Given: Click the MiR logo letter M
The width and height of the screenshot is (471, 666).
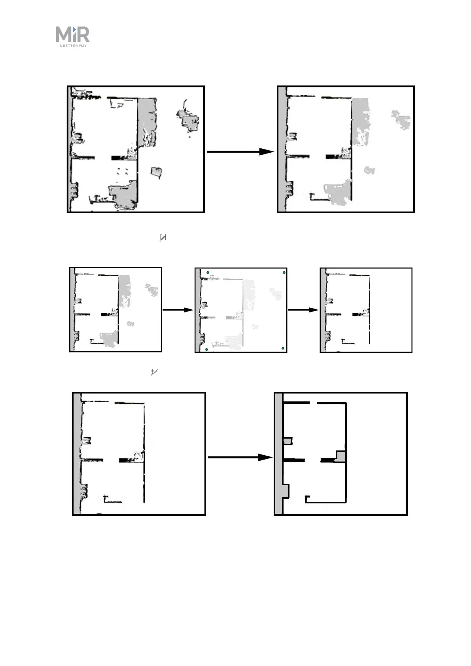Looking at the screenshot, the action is [x=64, y=34].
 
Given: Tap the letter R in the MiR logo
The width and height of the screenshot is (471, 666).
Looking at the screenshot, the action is [x=83, y=34].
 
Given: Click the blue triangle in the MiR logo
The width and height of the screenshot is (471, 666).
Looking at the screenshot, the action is [x=74, y=29].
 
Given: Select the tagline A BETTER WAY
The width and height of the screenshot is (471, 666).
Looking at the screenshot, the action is [x=73, y=46].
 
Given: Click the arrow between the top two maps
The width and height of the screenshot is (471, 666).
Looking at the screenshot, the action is [x=240, y=151].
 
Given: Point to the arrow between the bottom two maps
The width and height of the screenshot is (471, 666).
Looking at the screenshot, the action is [x=240, y=457].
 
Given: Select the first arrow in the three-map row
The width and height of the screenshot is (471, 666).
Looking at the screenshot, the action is [x=178, y=310].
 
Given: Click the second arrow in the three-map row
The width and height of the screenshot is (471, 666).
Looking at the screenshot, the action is [x=303, y=310].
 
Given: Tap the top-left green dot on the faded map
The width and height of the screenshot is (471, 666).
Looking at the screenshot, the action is [x=208, y=272].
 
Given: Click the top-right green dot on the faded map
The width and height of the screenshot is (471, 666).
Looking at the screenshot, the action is [x=284, y=272].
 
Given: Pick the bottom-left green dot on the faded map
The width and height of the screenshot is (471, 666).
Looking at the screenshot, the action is [x=207, y=349].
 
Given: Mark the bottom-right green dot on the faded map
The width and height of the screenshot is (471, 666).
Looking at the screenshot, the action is [x=283, y=348].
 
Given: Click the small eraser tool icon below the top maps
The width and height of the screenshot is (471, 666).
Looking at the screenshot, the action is [x=164, y=237].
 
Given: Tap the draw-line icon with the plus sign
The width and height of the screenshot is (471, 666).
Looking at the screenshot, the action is [x=154, y=372].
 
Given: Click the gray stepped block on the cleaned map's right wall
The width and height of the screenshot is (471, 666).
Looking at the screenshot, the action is [x=340, y=457].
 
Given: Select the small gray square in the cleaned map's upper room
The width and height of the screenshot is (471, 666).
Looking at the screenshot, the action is [x=287, y=441].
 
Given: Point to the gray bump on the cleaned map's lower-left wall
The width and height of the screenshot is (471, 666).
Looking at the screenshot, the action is [x=286, y=491].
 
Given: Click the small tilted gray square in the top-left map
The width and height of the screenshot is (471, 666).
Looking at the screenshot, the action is [x=156, y=172].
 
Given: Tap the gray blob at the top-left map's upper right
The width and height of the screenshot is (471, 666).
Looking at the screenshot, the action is [x=187, y=120].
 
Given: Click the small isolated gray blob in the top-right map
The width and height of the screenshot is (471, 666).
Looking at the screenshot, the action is [x=369, y=170].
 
